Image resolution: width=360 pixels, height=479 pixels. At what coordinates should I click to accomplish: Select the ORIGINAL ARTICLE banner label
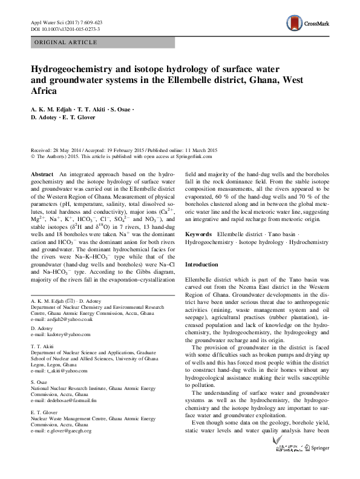click(x=63, y=42)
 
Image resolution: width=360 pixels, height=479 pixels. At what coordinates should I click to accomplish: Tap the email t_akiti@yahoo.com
click(x=62, y=371)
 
